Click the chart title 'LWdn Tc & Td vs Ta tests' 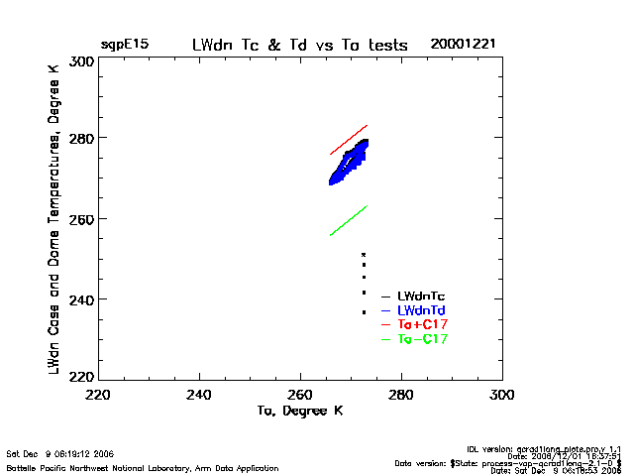tap(299, 46)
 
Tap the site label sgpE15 tap(124, 46)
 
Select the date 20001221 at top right tap(464, 46)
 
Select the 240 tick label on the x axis tap(200, 395)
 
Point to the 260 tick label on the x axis tap(301, 395)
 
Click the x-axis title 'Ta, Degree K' tap(299, 411)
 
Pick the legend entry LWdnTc tap(422, 297)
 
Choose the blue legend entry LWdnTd tap(422, 311)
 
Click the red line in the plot tap(349, 140)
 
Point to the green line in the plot tap(349, 220)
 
